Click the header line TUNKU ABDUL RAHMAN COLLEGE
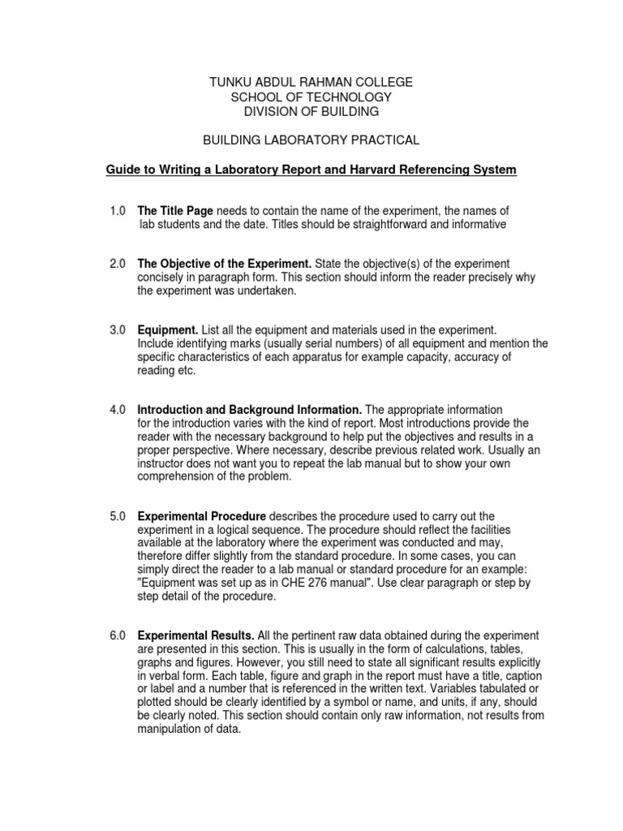pos(311,82)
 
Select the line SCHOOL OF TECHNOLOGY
pos(311,97)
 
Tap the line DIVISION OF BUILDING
pos(311,111)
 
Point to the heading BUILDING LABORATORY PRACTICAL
pos(311,140)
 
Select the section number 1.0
pos(118,211)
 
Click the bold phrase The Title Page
pos(175,211)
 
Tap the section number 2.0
pos(118,264)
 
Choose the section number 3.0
pos(118,330)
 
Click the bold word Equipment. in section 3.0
pos(168,330)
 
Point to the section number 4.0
pos(118,410)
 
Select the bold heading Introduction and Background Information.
pos(250,410)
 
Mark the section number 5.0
pos(118,516)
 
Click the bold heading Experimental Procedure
pos(202,516)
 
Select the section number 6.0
pos(118,635)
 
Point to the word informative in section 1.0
pos(478,225)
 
